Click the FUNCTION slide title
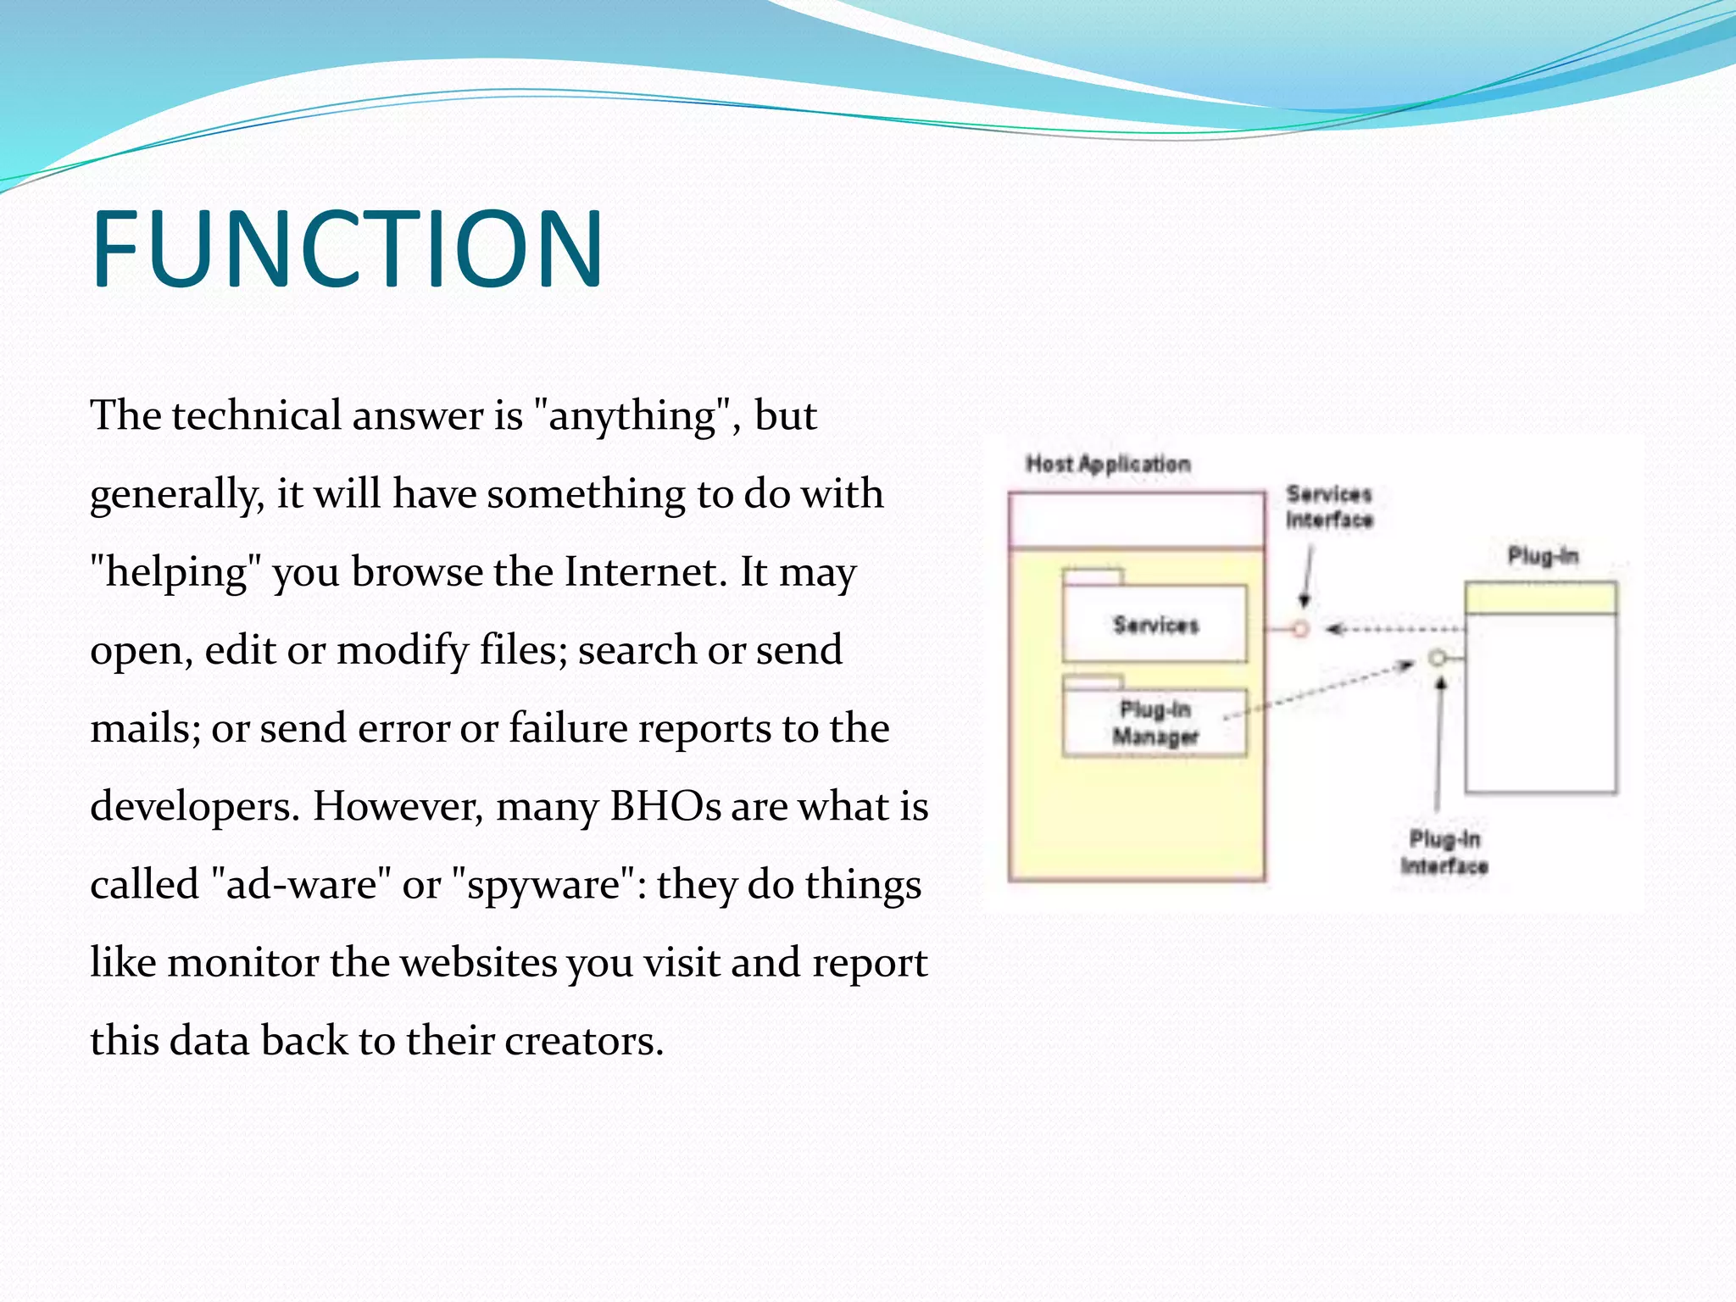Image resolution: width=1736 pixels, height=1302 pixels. click(348, 249)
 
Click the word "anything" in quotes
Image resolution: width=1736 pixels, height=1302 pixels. click(632, 416)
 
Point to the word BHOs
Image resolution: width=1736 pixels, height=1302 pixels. click(665, 806)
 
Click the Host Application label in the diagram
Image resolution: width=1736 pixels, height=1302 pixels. click(1108, 465)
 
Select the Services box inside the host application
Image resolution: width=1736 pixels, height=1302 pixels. click(1155, 626)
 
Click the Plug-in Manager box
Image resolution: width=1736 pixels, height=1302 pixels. click(1155, 723)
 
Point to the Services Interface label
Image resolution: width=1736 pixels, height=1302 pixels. click(1328, 507)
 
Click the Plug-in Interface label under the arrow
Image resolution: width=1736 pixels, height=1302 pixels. click(1444, 853)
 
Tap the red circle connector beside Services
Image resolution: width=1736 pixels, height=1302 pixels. click(1300, 629)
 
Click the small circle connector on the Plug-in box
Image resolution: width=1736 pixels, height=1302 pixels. click(1437, 658)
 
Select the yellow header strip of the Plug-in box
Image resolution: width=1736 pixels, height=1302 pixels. click(1540, 598)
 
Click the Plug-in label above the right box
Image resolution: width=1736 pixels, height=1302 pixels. click(1542, 557)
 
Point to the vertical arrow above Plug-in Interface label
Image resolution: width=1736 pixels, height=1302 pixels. click(1438, 746)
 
